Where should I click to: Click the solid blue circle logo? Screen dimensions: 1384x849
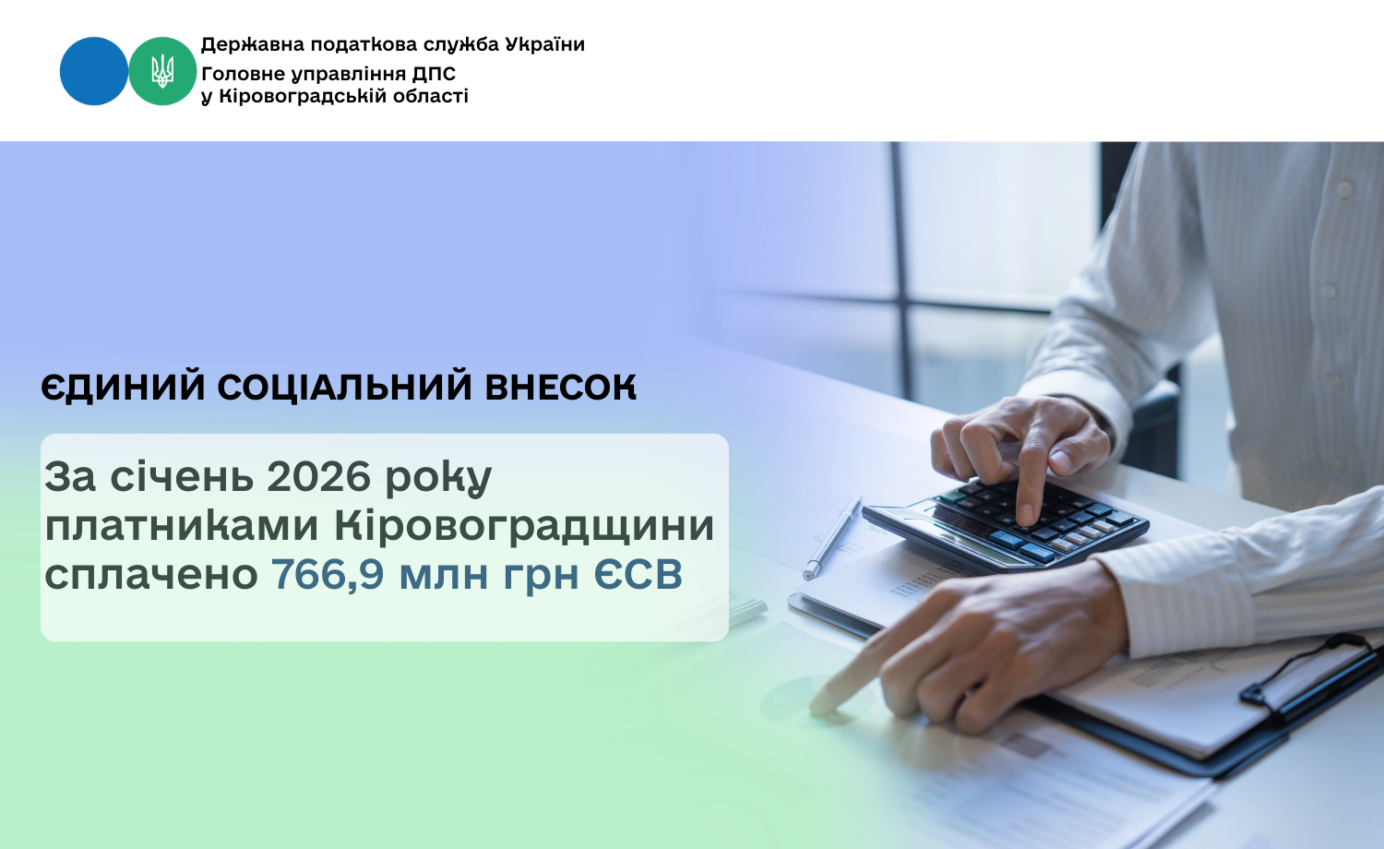[94, 71]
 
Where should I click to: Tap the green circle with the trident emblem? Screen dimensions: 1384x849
[162, 71]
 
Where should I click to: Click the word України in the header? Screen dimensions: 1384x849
[544, 44]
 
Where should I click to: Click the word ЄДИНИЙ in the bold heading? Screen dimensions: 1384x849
[123, 388]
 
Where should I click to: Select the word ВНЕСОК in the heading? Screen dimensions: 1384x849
[560, 387]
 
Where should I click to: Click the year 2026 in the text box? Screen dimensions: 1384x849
[318, 477]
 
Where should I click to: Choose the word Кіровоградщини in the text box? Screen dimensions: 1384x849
[524, 527]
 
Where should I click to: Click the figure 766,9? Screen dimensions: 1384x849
[328, 575]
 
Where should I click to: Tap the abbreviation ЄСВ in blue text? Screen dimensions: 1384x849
[638, 575]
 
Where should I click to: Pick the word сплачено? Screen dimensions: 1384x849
[151, 576]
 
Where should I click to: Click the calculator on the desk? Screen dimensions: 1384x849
[1006, 522]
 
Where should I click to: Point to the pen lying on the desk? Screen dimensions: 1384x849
[831, 538]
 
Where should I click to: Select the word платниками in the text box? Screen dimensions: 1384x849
[182, 527]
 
